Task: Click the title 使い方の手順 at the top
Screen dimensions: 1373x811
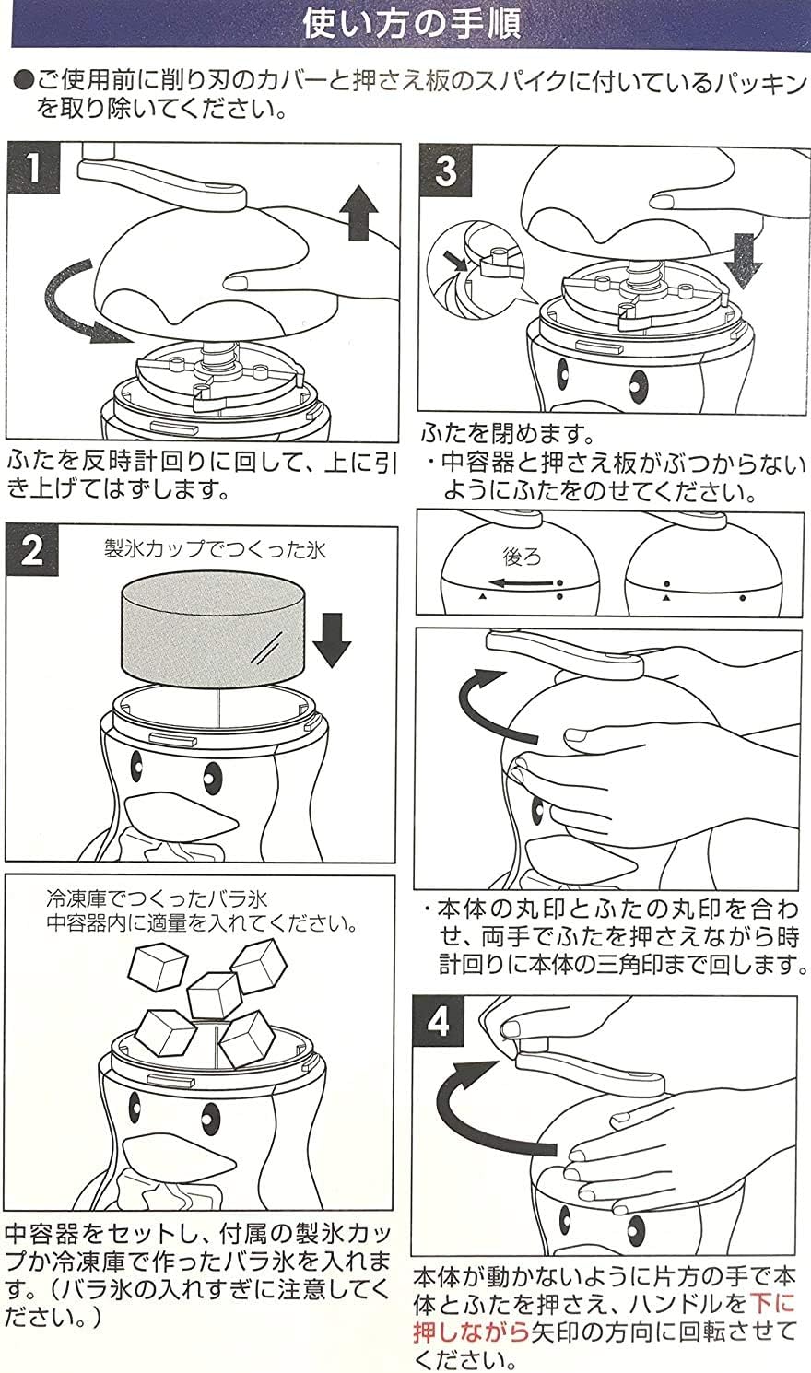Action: point(411,22)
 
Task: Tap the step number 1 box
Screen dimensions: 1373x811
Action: point(32,169)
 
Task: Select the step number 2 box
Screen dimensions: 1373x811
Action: point(32,550)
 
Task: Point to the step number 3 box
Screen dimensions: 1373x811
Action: point(446,170)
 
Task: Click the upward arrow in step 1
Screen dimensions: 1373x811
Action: point(358,210)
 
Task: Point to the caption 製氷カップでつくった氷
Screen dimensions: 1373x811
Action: point(214,550)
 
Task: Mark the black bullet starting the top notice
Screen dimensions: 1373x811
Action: point(23,81)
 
